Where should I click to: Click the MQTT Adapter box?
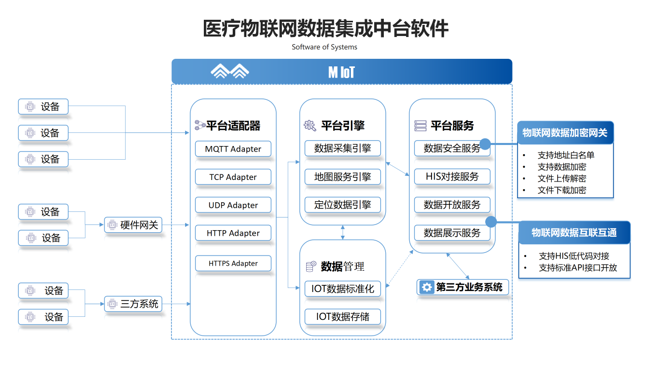click(233, 149)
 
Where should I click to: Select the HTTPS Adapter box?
click(233, 264)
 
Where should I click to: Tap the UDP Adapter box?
click(233, 205)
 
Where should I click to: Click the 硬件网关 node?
click(133, 225)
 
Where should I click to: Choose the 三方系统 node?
click(133, 304)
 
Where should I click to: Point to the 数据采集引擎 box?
click(343, 149)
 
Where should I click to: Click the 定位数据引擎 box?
click(343, 205)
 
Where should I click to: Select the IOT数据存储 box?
click(343, 317)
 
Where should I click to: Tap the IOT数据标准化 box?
click(343, 289)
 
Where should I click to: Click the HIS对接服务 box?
click(452, 177)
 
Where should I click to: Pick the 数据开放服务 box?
click(452, 205)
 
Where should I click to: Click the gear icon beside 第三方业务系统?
click(427, 287)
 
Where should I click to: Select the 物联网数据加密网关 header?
click(565, 133)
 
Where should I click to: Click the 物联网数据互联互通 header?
click(574, 233)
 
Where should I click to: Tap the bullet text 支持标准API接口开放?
click(578, 268)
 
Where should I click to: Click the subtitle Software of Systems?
click(324, 47)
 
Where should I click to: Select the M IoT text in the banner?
click(342, 72)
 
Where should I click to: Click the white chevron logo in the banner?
click(230, 71)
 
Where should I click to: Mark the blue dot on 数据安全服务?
click(485, 144)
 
